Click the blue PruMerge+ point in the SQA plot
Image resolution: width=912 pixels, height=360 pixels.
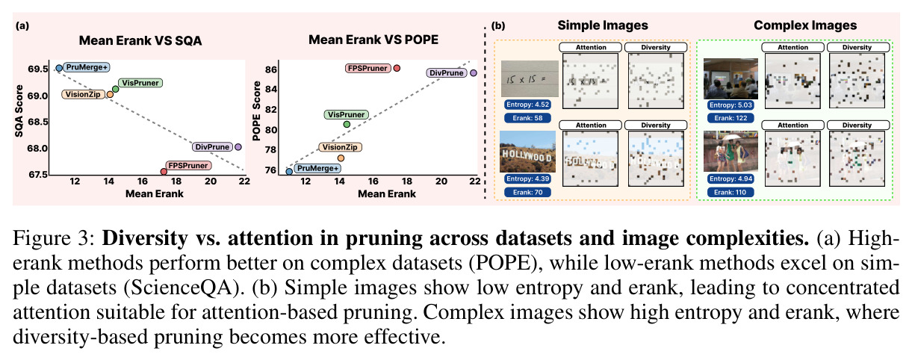tap(59, 68)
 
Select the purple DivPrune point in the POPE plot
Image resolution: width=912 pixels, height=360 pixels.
tap(473, 73)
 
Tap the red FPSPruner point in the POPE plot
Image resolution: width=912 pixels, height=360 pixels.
tap(397, 68)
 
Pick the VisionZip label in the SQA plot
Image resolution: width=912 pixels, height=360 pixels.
tap(83, 94)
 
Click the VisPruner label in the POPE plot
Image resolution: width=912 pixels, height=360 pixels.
tap(347, 114)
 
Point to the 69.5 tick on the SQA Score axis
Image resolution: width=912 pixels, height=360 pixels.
tap(38, 69)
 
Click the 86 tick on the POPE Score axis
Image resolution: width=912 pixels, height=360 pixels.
tap(270, 69)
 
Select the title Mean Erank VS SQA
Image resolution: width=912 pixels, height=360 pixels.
tap(140, 41)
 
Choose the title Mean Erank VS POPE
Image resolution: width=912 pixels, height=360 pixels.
tap(373, 40)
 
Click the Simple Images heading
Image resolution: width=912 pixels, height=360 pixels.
tap(603, 25)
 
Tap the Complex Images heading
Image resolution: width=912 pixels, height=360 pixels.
tap(805, 25)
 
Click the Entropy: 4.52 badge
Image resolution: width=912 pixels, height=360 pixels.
tap(527, 105)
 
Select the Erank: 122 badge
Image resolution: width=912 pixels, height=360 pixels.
tap(730, 118)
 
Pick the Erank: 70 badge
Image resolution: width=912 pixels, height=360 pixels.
tap(527, 192)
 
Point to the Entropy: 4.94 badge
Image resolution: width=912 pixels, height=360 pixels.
tap(730, 179)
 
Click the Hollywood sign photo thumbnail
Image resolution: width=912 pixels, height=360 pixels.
tap(527, 152)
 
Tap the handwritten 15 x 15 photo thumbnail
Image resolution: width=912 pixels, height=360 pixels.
tap(530, 78)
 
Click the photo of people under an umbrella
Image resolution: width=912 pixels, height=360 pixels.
tap(730, 151)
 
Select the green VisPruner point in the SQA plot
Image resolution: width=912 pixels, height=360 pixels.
tap(115, 89)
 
